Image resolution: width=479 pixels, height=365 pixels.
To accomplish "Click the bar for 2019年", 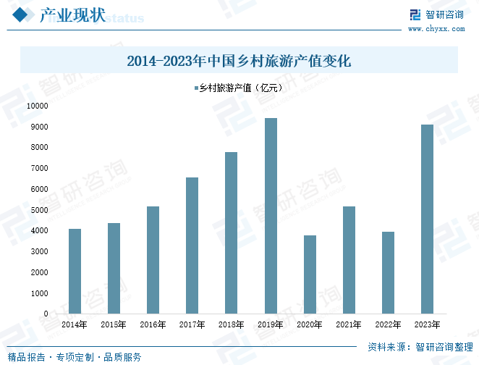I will (271, 216).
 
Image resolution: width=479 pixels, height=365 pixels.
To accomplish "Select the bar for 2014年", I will (75, 271).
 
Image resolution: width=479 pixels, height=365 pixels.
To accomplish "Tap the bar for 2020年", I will (310, 274).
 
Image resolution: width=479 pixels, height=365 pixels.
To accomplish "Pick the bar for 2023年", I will (427, 219).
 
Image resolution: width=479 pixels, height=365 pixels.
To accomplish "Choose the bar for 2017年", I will (192, 246).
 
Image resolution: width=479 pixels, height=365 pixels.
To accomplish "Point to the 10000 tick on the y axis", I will (37, 106).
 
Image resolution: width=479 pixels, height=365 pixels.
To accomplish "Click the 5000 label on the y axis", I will (39, 210).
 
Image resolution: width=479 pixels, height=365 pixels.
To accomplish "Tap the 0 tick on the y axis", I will (46, 314).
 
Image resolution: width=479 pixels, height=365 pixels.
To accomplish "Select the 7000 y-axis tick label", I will (39, 168).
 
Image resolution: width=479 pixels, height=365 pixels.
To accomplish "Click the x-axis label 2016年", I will (153, 324).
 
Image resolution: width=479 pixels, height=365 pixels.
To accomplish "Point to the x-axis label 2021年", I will (349, 324).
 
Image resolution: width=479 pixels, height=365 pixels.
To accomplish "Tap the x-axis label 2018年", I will (231, 324).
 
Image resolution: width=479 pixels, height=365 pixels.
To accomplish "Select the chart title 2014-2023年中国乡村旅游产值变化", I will (239, 61).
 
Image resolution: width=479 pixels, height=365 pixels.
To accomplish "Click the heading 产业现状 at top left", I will (71, 14).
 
